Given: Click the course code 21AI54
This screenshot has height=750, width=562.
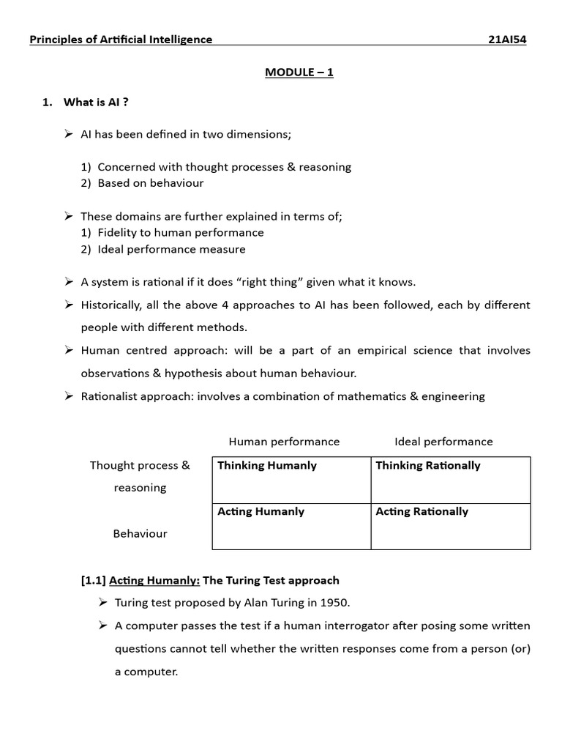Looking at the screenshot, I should point(506,40).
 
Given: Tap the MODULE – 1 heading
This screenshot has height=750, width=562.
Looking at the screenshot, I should point(299,73).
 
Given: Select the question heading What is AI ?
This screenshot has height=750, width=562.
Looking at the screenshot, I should point(96,102).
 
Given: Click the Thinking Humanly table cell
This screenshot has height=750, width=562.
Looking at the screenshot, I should point(291,480).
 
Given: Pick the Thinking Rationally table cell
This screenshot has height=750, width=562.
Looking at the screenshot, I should point(450,480).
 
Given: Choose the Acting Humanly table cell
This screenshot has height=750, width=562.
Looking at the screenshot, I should point(291,526).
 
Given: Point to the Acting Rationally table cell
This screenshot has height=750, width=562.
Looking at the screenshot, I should point(450,526).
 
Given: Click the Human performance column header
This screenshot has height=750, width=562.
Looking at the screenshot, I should point(284,442).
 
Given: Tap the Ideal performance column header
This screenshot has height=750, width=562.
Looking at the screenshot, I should point(443,442).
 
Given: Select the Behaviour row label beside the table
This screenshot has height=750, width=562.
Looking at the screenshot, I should point(140,534).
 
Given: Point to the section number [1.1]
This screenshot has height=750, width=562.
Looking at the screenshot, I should point(93,580).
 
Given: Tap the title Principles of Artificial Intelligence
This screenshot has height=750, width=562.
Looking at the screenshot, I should point(121,40).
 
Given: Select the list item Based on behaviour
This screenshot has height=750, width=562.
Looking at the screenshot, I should point(150,183).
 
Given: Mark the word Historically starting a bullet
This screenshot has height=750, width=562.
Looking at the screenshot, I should point(111,305).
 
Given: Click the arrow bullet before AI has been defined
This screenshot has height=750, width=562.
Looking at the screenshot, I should point(68,134).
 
